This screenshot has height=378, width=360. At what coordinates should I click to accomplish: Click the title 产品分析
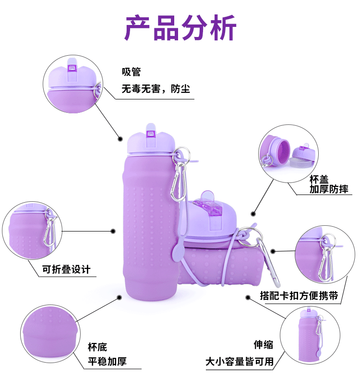pyautogui.click(x=180, y=28)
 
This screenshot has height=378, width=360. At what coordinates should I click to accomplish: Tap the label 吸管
pyautogui.click(x=131, y=72)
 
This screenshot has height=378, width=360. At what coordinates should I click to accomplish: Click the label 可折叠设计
pyautogui.click(x=66, y=269)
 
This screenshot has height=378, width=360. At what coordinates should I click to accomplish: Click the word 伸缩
pyautogui.click(x=264, y=345)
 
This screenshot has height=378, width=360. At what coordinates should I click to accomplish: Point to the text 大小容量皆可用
pyautogui.click(x=240, y=362)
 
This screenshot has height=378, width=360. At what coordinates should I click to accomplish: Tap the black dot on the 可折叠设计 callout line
pyautogui.click(x=114, y=231)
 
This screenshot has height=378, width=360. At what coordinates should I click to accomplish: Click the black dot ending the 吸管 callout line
pyautogui.click(x=120, y=139)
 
